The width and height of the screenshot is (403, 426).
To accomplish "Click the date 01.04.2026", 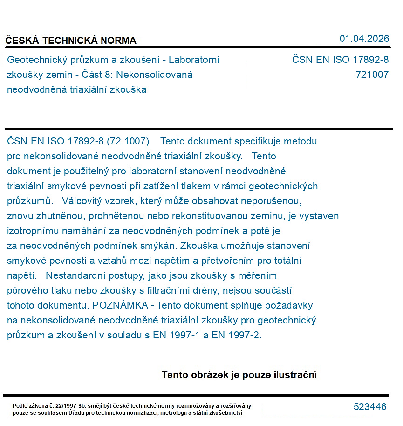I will click(364, 39).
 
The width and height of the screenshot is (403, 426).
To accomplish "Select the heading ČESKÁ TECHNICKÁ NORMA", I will click(71, 41).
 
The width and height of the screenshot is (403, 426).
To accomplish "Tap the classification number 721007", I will click(372, 75).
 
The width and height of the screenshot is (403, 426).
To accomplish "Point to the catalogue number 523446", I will click(370, 407).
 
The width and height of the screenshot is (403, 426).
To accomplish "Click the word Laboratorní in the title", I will click(194, 60).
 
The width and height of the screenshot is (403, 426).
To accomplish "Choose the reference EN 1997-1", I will click(177, 336).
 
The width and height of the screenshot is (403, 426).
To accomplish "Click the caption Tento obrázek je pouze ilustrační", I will click(239, 375).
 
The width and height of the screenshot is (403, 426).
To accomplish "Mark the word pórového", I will click(27, 291).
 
